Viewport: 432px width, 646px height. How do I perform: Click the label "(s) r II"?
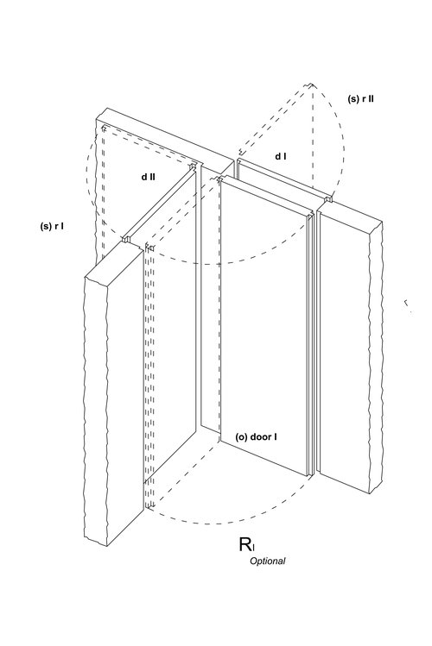tap(361, 99)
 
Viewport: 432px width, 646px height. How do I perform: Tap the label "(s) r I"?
tap(52, 226)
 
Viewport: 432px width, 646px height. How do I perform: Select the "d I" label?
tap(281, 156)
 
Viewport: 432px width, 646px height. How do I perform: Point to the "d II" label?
tap(148, 177)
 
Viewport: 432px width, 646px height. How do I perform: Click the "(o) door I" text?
tap(256, 436)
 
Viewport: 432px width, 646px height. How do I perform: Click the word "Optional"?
tap(267, 561)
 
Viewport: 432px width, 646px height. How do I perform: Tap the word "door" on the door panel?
tap(259, 436)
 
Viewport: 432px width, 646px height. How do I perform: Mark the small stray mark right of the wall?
tap(407, 304)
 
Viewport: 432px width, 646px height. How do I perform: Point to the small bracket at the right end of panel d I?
tap(329, 199)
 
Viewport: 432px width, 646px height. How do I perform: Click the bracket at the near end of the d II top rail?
tap(127, 239)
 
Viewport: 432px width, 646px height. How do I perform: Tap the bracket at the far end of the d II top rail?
tap(193, 166)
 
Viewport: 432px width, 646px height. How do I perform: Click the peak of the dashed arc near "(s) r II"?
tap(311, 85)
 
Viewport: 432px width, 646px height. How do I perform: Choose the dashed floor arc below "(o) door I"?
tap(214, 524)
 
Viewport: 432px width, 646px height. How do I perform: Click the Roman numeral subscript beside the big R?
tap(253, 548)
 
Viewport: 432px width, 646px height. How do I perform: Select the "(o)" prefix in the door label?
tap(241, 437)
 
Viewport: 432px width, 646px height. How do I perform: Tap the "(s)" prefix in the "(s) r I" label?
tap(46, 226)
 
